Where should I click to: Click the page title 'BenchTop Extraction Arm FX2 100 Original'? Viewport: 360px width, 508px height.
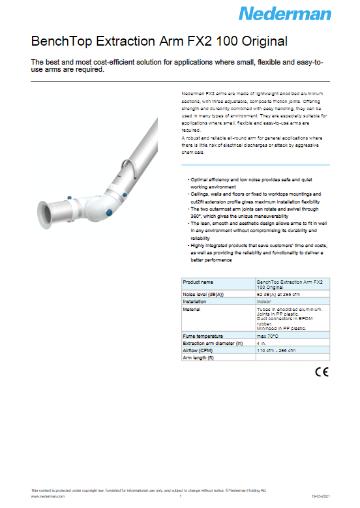point(159,42)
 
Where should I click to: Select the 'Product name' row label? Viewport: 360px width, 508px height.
point(198,282)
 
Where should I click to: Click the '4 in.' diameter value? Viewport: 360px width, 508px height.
point(262,343)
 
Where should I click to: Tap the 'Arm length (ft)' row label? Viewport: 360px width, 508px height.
point(198,357)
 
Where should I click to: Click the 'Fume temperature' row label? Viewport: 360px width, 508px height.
point(204,336)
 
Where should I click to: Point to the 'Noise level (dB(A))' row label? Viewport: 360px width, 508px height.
point(205,295)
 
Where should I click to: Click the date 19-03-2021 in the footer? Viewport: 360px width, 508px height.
point(320,496)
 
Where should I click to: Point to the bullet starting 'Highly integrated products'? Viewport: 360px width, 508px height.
point(258,248)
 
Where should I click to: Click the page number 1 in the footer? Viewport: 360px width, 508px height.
point(180,496)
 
